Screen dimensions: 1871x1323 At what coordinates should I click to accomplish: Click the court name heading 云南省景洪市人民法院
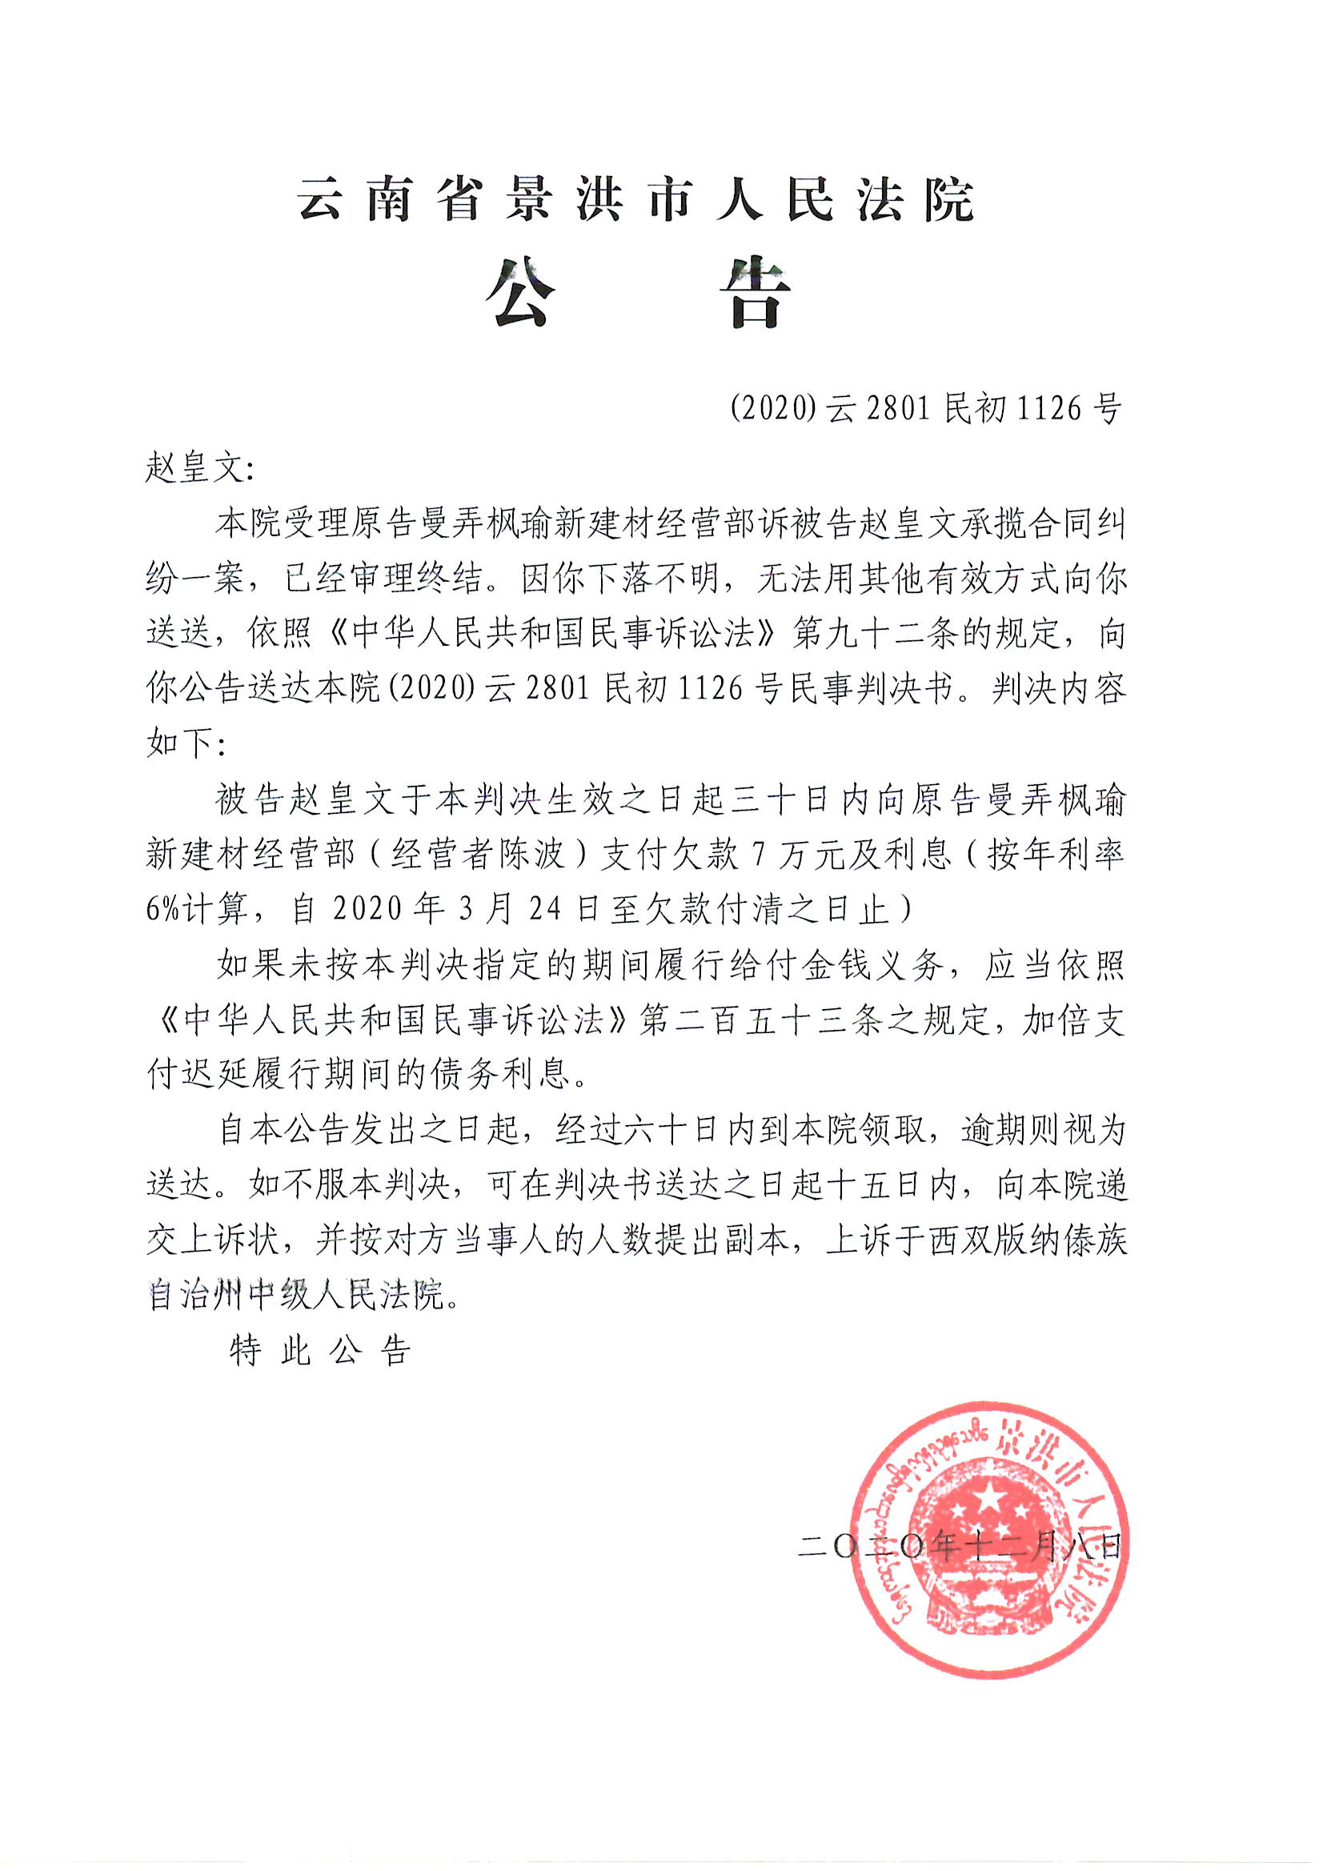(x=636, y=198)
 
